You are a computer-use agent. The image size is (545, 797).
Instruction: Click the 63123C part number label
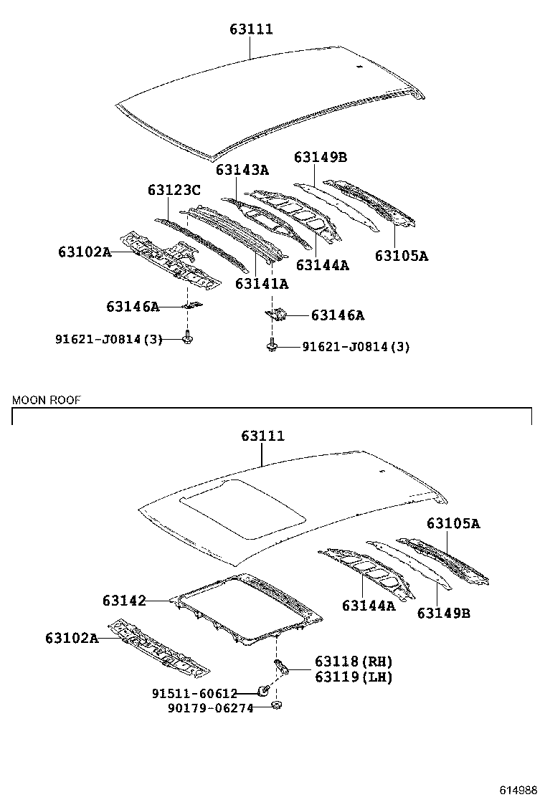[174, 190]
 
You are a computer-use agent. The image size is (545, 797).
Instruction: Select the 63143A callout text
[242, 170]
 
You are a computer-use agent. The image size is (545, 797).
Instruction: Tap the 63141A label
[262, 284]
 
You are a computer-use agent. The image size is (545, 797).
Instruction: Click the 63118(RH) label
[354, 662]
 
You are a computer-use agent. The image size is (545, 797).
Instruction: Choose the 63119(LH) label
[354, 676]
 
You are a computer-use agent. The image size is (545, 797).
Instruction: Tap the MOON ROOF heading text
[46, 400]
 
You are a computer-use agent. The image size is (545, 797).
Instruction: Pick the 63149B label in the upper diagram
[321, 158]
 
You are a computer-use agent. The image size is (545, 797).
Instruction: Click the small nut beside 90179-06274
[278, 708]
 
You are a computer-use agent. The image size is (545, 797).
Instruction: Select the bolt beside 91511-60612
[264, 691]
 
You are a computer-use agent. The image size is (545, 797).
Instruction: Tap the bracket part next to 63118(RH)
[283, 668]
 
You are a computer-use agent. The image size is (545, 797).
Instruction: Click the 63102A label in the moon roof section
[72, 637]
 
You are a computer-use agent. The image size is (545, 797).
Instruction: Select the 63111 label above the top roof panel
[251, 29]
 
